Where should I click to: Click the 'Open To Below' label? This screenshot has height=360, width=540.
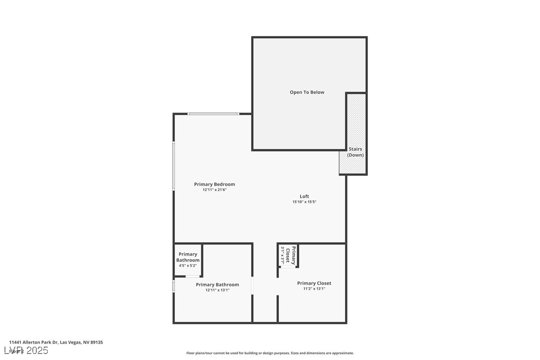(x=307, y=92)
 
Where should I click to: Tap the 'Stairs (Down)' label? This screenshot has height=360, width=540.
(x=355, y=152)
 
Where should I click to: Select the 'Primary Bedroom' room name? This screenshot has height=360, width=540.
(x=214, y=184)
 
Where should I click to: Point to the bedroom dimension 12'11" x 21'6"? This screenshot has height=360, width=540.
(x=214, y=190)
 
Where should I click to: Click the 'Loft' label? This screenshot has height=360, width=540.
(x=304, y=196)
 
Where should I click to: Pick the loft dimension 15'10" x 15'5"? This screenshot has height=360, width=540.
(x=304, y=202)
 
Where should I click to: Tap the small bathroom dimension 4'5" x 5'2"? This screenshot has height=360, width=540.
(x=188, y=266)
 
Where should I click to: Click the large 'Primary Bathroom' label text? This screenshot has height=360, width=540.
(x=217, y=284)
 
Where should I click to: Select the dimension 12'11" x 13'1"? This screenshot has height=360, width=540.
(x=217, y=290)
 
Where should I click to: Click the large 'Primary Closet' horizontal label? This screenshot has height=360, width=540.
(x=314, y=283)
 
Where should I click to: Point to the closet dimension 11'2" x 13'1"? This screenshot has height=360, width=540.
(x=314, y=288)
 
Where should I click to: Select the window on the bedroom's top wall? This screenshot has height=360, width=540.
(x=213, y=114)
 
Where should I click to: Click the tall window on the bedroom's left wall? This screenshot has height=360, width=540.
(x=174, y=166)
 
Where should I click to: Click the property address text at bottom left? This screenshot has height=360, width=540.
(x=56, y=342)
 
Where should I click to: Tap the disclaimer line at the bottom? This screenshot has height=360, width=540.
(x=270, y=353)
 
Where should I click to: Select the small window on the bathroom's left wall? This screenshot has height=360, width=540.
(x=174, y=286)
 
